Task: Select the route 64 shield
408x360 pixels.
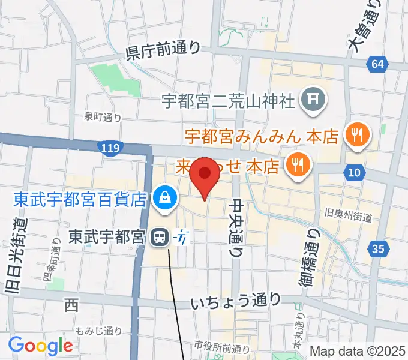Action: pyautogui.click(x=377, y=64)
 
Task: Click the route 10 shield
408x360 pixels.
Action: pyautogui.click(x=355, y=173)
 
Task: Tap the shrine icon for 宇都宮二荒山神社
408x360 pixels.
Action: pyautogui.click(x=312, y=99)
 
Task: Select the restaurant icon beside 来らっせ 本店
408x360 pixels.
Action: pyautogui.click(x=296, y=164)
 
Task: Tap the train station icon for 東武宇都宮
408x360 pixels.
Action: pyautogui.click(x=160, y=238)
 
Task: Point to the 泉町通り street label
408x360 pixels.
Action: pyautogui.click(x=103, y=118)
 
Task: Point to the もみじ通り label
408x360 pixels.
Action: pyautogui.click(x=100, y=331)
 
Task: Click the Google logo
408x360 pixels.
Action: pyautogui.click(x=40, y=345)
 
